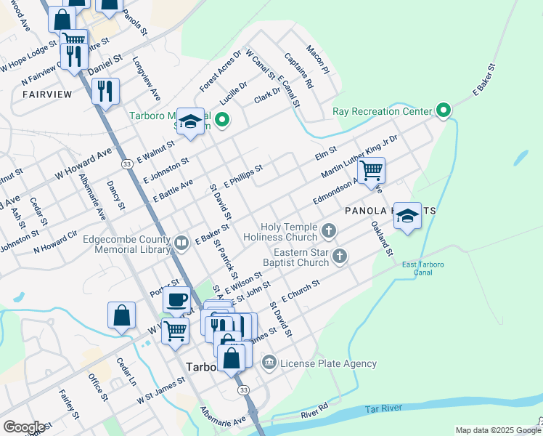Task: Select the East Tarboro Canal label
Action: tap(422, 268)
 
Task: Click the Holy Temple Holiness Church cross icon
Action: tap(329, 232)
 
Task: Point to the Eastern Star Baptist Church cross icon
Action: tap(339, 256)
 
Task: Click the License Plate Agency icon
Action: tap(269, 363)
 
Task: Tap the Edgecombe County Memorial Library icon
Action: tap(181, 242)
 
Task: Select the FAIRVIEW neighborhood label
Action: tap(47, 94)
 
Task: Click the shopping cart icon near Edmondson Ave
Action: tap(371, 171)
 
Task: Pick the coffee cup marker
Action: tap(177, 299)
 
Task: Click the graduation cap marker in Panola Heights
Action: tap(407, 214)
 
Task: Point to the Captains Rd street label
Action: tap(298, 70)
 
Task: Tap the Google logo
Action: tap(24, 427)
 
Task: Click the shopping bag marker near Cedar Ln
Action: tap(121, 315)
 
